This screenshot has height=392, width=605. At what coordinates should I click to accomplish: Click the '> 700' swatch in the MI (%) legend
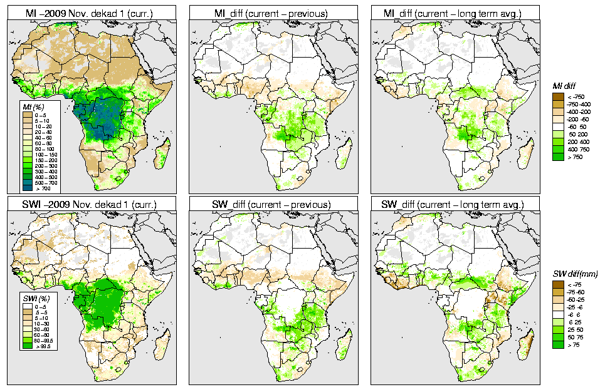click(x=28, y=187)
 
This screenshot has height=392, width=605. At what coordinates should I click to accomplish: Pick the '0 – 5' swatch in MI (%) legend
click(x=28, y=115)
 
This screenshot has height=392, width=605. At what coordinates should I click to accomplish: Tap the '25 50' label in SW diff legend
click(x=574, y=329)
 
